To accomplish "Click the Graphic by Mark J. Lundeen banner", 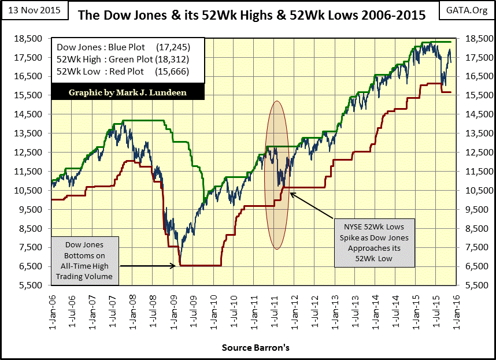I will point(128,92).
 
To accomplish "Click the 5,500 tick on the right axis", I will point(473,285).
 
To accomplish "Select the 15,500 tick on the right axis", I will point(473,95).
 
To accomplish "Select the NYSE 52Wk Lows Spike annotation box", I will point(375,242).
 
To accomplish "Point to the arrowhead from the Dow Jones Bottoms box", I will point(173,266).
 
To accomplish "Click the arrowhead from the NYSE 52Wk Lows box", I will point(291,194).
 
